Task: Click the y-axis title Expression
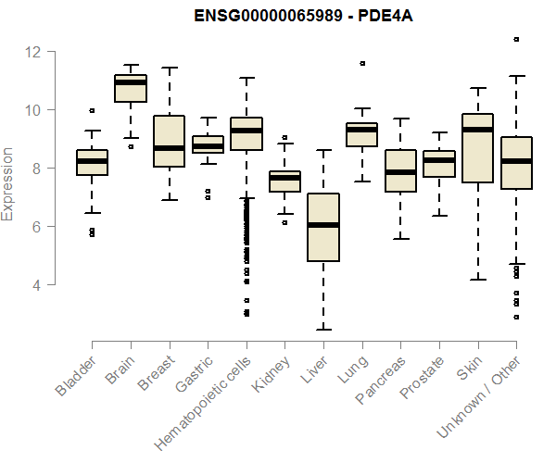pyautogui.click(x=9, y=182)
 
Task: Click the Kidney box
pyautogui.click(x=284, y=181)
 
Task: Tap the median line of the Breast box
pyautogui.click(x=169, y=148)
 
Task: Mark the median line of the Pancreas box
pyautogui.click(x=400, y=171)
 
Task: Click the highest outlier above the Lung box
pyautogui.click(x=361, y=64)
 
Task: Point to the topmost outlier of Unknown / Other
pyautogui.click(x=516, y=40)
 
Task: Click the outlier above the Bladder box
pyautogui.click(x=92, y=111)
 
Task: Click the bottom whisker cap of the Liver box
pyautogui.click(x=322, y=329)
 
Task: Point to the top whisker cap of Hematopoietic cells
pyautogui.click(x=246, y=78)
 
